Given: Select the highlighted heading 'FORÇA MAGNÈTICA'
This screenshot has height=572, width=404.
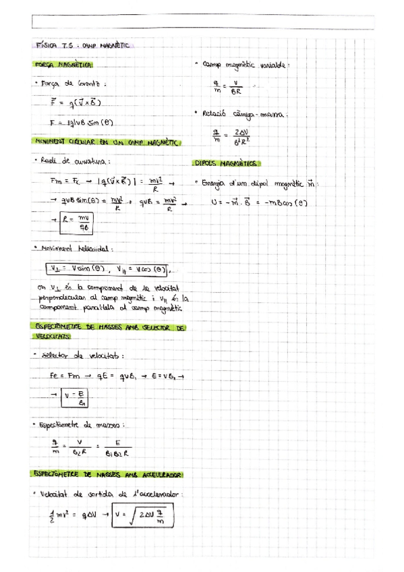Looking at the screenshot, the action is click(65, 67).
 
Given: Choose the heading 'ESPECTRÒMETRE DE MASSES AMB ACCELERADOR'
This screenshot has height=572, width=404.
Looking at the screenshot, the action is click(107, 476).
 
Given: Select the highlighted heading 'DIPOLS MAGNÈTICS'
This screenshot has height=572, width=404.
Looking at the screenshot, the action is click(227, 163).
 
